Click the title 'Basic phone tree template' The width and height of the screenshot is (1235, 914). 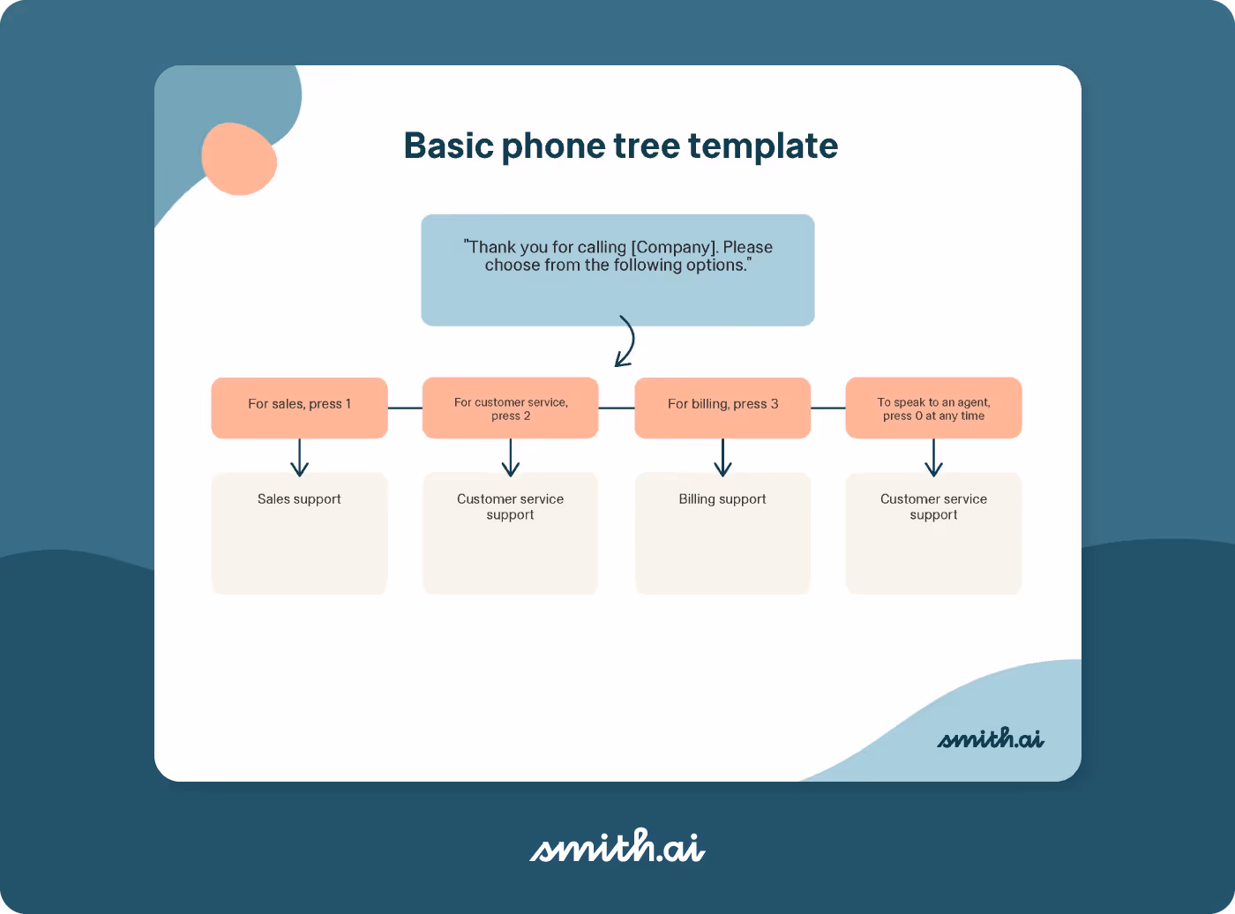(x=620, y=146)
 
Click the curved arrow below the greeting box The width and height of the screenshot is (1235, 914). (x=626, y=341)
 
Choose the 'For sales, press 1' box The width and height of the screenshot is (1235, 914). (x=299, y=408)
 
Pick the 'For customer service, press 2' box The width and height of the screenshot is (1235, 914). (x=511, y=408)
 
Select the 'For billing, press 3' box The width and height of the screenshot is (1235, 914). (x=722, y=408)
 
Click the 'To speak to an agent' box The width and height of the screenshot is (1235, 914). (x=933, y=408)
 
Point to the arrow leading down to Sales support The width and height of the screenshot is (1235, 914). (x=299, y=457)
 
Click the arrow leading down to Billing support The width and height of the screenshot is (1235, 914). (x=722, y=457)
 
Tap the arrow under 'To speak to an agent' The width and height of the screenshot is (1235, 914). (x=933, y=457)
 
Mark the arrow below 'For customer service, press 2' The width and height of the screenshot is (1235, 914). (x=511, y=457)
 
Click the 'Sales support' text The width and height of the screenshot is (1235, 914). (x=299, y=499)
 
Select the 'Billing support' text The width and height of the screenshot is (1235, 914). (x=722, y=499)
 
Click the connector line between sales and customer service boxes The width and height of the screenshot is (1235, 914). (x=405, y=408)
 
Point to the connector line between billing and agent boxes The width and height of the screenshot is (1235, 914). (x=827, y=408)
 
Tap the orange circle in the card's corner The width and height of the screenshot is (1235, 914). (x=239, y=159)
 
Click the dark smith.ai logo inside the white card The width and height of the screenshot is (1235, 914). (x=990, y=738)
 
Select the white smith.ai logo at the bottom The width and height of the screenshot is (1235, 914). (x=617, y=847)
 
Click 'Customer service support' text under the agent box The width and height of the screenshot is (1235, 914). (x=933, y=506)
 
